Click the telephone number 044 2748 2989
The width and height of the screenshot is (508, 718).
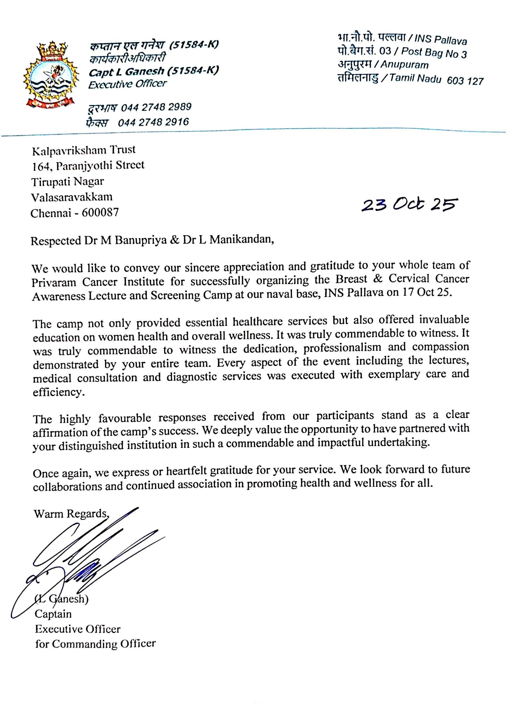(156, 107)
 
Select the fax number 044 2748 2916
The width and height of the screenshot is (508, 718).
(153, 122)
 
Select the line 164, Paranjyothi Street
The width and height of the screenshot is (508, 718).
(88, 166)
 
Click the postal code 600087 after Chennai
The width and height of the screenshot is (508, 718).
(100, 213)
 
